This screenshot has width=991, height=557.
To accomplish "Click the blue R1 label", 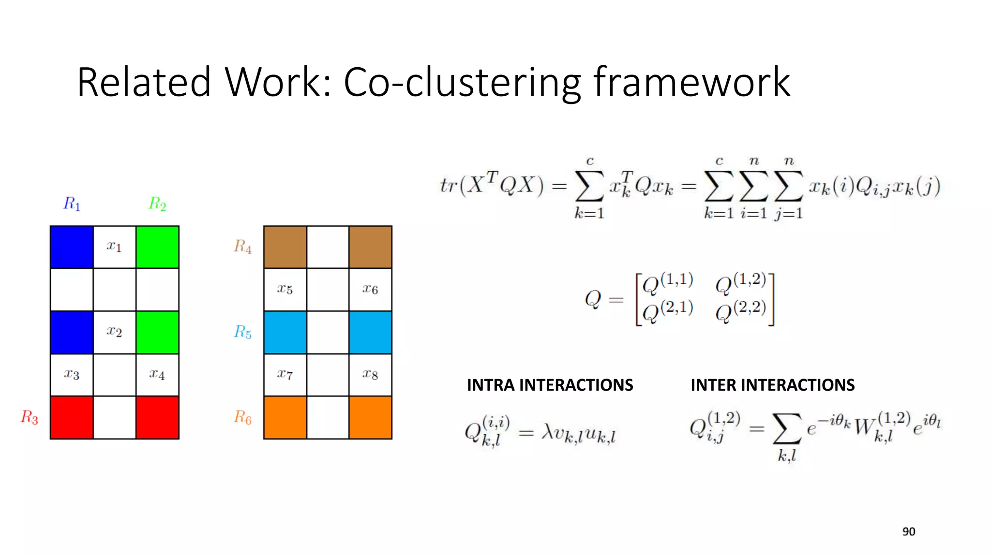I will (72, 204).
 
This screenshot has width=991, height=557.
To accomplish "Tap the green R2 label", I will (157, 204).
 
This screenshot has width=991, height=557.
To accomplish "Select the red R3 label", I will (29, 417).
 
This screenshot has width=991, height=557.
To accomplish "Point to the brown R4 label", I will (242, 247).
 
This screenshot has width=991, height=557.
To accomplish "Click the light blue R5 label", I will (242, 332).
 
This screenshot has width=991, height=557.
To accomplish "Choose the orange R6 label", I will (242, 417).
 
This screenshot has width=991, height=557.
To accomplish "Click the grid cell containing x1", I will (114, 247).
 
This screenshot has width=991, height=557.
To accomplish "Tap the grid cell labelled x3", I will (72, 374).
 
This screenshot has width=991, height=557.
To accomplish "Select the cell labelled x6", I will (370, 289).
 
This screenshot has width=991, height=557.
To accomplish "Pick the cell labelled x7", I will (285, 374).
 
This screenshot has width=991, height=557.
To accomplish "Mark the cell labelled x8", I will (370, 374).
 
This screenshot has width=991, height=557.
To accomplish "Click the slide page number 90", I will (909, 532).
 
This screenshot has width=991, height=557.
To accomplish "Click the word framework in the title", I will (692, 82).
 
